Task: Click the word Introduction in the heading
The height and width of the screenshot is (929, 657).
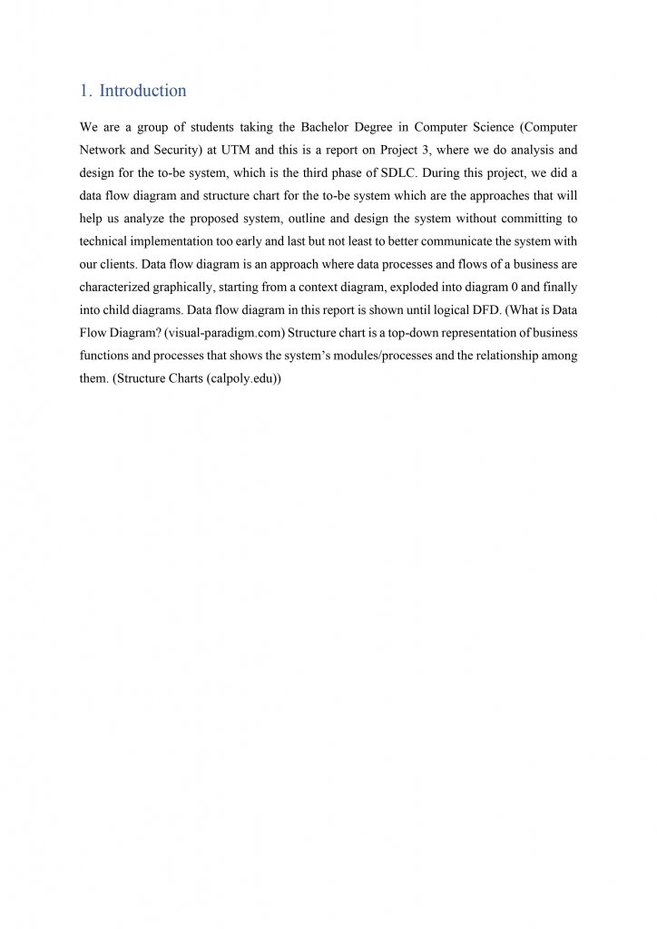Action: click(x=142, y=91)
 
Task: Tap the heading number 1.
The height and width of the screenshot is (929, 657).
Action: click(x=84, y=91)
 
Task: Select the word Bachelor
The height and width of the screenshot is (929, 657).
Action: click(x=323, y=126)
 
